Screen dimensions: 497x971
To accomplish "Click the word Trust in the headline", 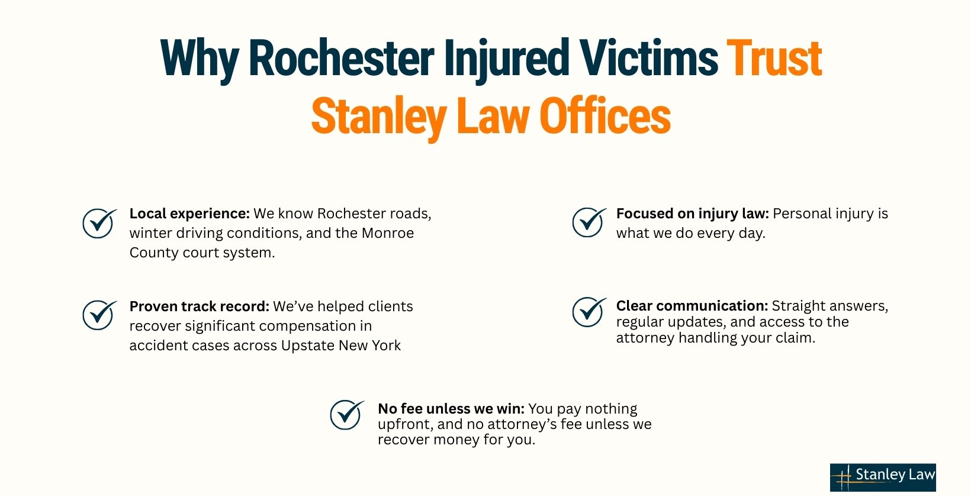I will [774, 58].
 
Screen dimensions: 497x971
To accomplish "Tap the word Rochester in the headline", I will [341, 58].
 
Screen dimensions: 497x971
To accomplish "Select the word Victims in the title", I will [648, 58].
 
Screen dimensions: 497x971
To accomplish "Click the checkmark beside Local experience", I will [99, 223].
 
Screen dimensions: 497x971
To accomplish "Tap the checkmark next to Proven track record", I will [99, 315].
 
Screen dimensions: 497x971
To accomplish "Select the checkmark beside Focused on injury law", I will [589, 222].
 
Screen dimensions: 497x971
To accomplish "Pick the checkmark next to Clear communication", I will [589, 312].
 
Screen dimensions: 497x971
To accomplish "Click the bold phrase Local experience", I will [189, 214].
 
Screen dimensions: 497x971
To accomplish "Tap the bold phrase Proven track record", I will [199, 306].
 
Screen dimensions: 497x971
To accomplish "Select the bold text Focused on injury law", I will [692, 214].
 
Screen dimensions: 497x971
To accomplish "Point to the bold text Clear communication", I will [692, 306].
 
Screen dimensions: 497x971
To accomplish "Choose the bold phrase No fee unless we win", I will [451, 409].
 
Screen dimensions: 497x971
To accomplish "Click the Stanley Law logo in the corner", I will [883, 477].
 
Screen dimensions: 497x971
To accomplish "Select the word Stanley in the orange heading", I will [378, 116].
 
